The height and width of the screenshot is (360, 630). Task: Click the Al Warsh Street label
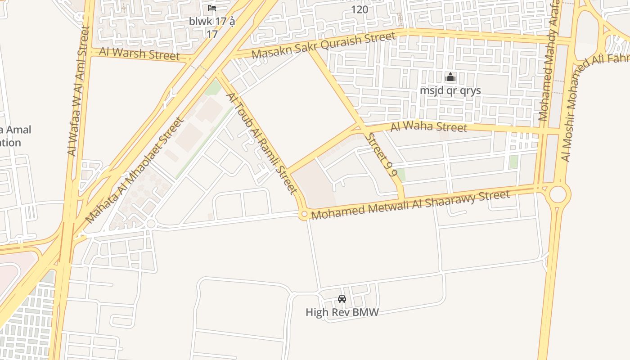[x=139, y=54]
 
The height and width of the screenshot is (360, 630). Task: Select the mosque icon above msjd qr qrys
[x=450, y=77]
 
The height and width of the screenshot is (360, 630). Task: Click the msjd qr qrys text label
[x=450, y=90]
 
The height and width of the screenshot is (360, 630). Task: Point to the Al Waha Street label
[x=428, y=127]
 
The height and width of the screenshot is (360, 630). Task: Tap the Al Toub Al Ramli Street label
[x=261, y=144]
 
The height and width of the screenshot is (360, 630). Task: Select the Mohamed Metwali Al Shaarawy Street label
[x=410, y=205]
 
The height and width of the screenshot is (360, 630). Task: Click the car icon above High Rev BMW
[x=342, y=299]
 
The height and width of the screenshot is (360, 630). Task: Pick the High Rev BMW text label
[x=342, y=312]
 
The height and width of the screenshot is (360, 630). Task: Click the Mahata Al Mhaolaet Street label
[x=135, y=170]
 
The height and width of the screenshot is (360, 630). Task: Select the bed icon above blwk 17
[x=212, y=8]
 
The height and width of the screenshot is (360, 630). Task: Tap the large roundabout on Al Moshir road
[x=558, y=195]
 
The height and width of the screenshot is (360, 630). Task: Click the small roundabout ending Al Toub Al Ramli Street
[x=304, y=215]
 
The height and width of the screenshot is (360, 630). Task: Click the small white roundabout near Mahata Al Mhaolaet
[x=151, y=224]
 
